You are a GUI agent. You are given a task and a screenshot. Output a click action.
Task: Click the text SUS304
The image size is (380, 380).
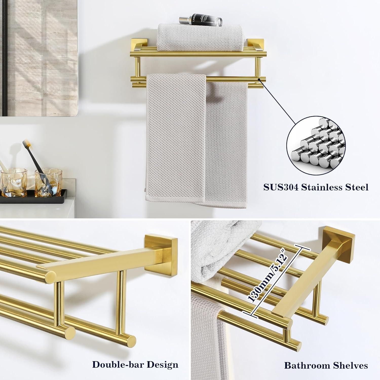coord(280,187)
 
